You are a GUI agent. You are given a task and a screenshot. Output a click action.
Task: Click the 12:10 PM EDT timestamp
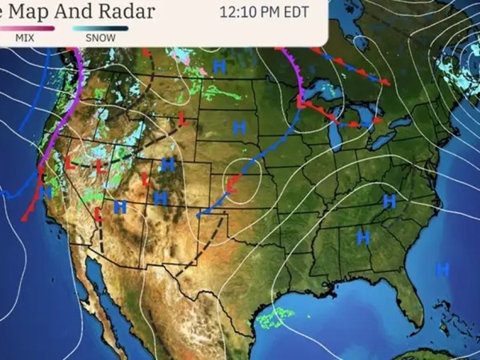263,12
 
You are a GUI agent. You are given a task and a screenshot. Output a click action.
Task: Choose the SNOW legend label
100,38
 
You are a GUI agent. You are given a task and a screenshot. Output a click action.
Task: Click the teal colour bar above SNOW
100,28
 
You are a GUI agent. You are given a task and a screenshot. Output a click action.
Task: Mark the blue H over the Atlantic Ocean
442,270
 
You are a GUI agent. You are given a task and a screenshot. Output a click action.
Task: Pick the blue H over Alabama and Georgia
362,237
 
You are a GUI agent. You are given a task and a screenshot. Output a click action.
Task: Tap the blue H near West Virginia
390,201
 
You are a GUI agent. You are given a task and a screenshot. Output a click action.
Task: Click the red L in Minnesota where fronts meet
301,102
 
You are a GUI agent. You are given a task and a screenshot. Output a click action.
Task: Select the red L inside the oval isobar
231,186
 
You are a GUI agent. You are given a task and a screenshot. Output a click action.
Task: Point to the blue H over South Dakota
238,126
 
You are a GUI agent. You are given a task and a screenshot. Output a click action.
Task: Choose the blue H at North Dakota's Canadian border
218,65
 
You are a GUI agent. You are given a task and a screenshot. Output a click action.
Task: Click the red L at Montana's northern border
146,53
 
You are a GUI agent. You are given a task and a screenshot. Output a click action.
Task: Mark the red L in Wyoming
182,119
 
